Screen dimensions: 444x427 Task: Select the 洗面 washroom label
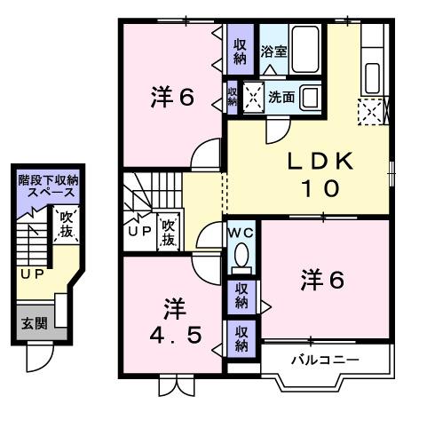pos(281,96)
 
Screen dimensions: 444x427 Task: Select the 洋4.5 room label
pos(173,323)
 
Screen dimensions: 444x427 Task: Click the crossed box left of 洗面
pos(253,97)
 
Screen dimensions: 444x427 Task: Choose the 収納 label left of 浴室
pos(240,51)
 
